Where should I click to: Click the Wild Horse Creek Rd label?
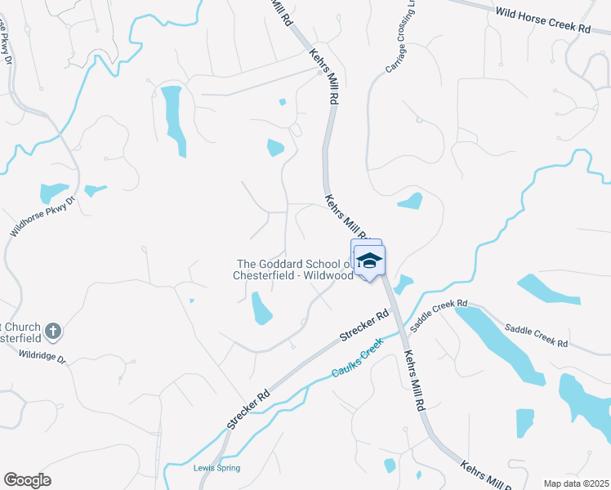pos(542,19)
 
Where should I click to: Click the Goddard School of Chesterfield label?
pos(294,269)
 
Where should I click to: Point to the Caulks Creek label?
pos(356,361)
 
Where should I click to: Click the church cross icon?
pos(53,331)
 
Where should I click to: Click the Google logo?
pos(27,479)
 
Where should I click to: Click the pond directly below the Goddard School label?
pos(262,308)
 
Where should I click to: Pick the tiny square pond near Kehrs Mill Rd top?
pos(283,102)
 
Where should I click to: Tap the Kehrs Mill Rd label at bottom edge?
pos(484,476)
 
